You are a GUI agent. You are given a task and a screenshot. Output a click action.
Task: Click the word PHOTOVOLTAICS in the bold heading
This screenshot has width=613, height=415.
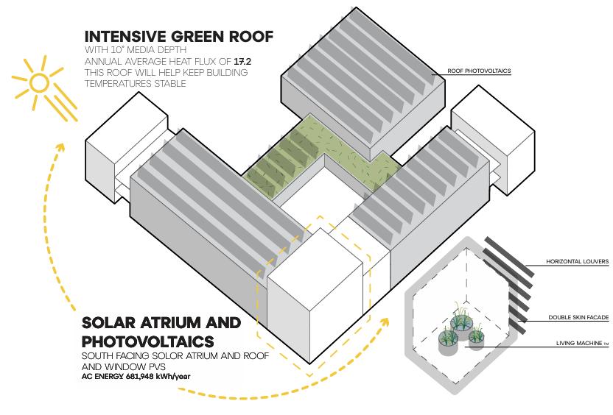[x=148, y=341]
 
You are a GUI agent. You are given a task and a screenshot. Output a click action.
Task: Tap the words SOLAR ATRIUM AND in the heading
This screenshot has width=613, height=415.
[x=161, y=323]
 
